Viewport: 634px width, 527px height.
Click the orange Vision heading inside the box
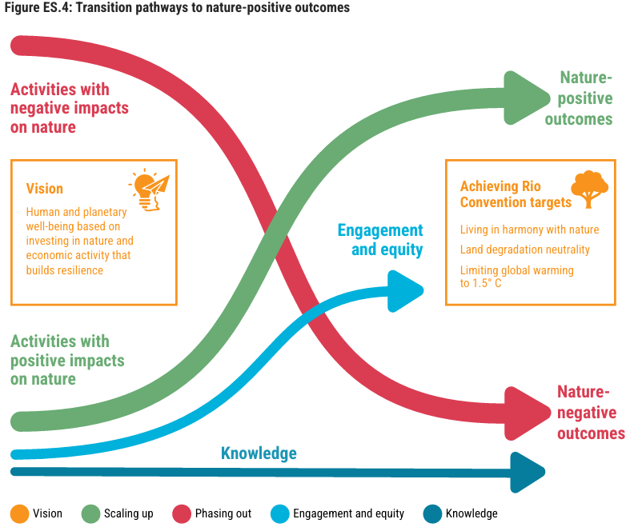click(x=45, y=189)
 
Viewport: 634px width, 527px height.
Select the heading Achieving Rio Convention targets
click(x=516, y=194)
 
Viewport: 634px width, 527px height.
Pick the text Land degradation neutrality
click(x=524, y=250)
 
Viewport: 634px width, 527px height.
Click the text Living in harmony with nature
click(x=529, y=230)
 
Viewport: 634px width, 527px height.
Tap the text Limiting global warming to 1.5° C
click(x=516, y=277)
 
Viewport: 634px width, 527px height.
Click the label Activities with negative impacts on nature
click(x=70, y=108)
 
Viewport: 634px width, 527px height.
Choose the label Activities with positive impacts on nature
click(x=67, y=360)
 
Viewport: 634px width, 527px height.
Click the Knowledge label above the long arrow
click(x=259, y=453)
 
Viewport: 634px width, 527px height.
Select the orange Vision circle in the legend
click(x=19, y=513)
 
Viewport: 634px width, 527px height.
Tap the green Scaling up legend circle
click(x=90, y=513)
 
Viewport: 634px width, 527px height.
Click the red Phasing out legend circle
click(x=181, y=513)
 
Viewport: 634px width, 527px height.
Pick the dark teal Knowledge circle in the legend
click(x=432, y=513)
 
